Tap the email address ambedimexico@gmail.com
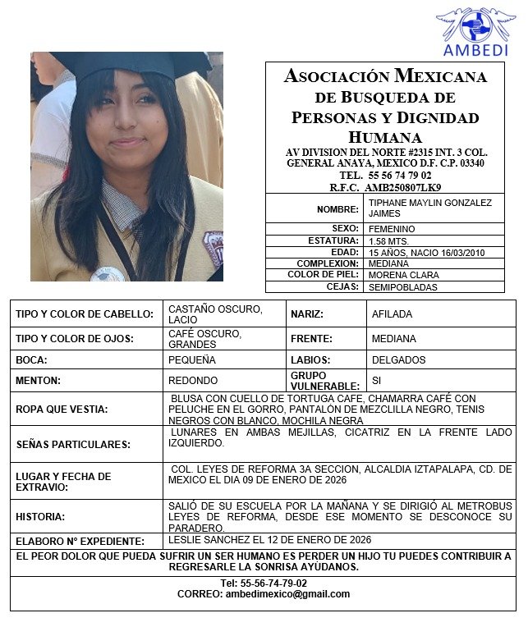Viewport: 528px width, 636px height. pyautogui.click(x=287, y=594)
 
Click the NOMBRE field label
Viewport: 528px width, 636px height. pyautogui.click(x=337, y=209)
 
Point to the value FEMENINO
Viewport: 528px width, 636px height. pyautogui.click(x=392, y=229)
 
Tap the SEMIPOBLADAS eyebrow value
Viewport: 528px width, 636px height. pyautogui.click(x=403, y=287)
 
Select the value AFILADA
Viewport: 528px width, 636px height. pyautogui.click(x=392, y=314)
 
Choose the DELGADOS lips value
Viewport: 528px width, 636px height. pyautogui.click(x=398, y=360)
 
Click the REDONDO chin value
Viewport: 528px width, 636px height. pyautogui.click(x=193, y=381)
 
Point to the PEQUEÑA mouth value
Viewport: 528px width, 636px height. pyautogui.click(x=192, y=360)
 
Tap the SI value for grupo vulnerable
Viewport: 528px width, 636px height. pyautogui.click(x=377, y=381)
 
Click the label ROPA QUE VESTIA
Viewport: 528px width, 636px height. pyautogui.click(x=62, y=409)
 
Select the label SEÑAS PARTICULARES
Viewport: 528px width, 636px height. pyautogui.click(x=73, y=444)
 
